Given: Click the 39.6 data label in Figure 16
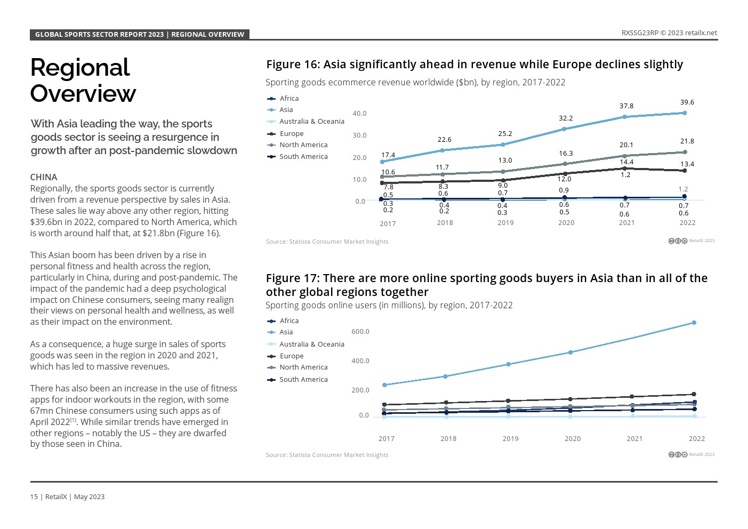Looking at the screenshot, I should [687, 102].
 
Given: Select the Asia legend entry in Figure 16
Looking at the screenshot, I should [286, 110].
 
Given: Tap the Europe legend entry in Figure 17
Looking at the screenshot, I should [291, 356].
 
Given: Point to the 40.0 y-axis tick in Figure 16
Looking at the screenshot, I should [359, 114].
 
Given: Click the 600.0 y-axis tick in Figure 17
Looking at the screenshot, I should [360, 332].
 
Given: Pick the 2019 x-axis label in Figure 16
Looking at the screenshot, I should [505, 223].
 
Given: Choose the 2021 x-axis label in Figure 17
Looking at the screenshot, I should [634, 439].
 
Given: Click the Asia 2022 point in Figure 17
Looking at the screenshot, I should [694, 323].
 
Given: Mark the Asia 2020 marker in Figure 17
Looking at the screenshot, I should [570, 352].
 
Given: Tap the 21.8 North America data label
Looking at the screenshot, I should [687, 141].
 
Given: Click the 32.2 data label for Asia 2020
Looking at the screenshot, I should [566, 118].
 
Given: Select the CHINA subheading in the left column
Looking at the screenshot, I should [44, 177].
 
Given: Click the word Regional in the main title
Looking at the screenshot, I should [80, 68].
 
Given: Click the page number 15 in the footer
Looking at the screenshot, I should [34, 497].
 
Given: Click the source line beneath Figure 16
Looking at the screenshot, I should [327, 242].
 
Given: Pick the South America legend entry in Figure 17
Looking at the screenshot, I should [303, 380].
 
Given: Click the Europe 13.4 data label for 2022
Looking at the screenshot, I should [687, 164].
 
